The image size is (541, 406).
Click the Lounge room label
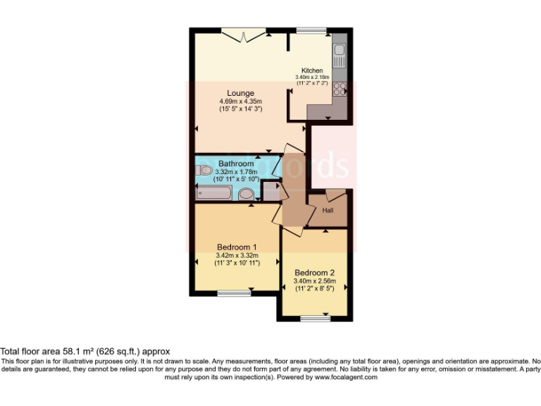240,93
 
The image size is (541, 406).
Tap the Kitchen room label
312,70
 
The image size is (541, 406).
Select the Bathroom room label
235,164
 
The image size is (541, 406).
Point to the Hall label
328,211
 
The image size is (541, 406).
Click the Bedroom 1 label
236,247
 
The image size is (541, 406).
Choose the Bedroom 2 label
314,273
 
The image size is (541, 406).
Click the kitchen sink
339,50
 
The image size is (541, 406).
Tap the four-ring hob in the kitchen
339,89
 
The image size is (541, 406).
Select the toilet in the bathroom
205,171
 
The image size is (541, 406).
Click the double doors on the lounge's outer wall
244,32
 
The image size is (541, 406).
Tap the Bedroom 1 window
232,293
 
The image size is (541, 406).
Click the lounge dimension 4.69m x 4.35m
240,101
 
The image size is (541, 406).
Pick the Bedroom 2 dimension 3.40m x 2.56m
314,281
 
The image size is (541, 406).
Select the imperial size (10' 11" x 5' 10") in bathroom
235,180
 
